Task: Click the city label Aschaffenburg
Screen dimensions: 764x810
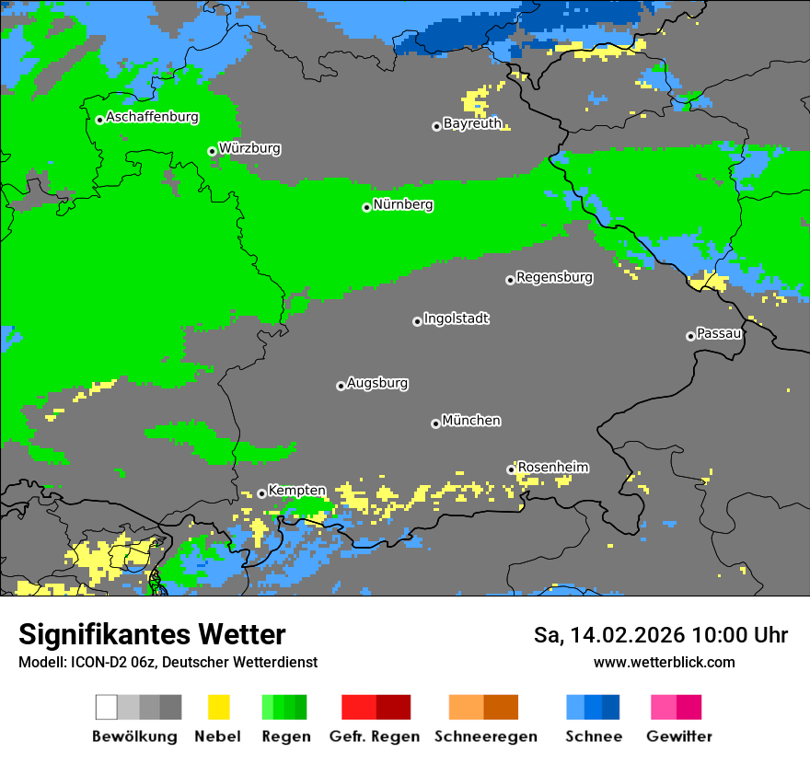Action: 152,118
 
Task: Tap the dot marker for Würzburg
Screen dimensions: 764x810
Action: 212,151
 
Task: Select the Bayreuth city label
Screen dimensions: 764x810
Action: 472,123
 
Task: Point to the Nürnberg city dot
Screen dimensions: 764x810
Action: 366,207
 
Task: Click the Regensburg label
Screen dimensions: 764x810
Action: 554,277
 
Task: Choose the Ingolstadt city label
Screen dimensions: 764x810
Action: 456,318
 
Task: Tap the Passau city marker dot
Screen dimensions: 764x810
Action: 690,336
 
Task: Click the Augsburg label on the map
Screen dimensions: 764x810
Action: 377,383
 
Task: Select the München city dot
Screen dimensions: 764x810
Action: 435,423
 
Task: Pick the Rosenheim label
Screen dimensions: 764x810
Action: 552,468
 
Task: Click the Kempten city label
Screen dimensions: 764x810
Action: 296,491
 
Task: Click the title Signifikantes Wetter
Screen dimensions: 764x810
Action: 152,634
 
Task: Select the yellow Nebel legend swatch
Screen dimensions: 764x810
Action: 218,707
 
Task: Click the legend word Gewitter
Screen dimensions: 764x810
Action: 678,736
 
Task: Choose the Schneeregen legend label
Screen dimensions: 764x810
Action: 485,736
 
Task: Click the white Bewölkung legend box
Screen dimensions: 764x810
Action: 107,707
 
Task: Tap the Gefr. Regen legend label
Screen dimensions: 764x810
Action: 375,736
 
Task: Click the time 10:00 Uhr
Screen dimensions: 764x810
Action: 740,635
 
